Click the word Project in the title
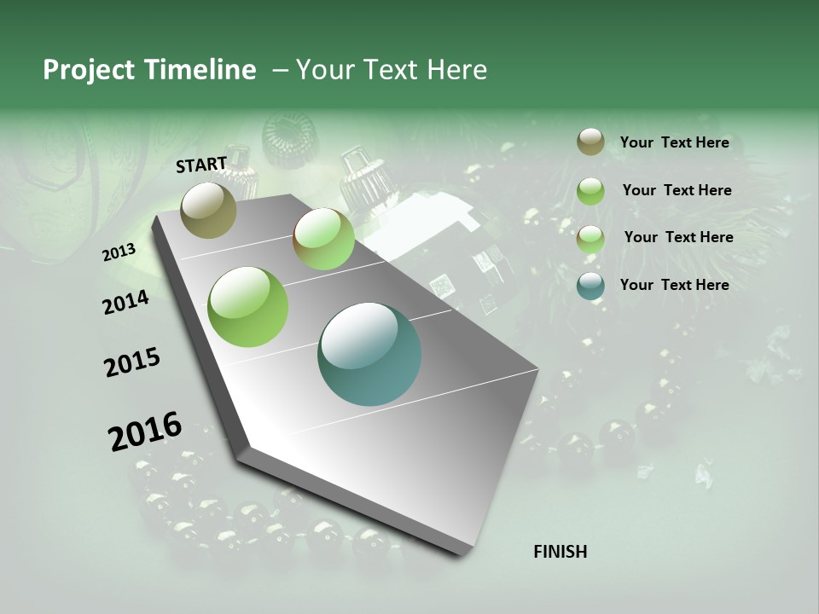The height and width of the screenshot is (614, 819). pos(88,70)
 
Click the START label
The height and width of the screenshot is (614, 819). pos(201,165)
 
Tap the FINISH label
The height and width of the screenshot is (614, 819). pos(561,552)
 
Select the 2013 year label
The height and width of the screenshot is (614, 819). pos(119,252)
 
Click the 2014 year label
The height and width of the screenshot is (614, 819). pos(126,302)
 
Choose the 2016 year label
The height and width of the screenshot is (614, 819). pos(145,432)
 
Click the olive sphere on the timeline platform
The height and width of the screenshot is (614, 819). pos(209,210)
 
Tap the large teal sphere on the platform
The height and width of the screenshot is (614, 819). pos(369,354)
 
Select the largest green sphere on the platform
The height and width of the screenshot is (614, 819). pos(248,306)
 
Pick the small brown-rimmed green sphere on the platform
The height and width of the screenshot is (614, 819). pos(323,239)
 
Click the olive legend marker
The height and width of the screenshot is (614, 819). pos(590,142)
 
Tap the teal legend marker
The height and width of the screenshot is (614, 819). pos(590,285)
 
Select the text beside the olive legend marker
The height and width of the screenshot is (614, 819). pos(674,142)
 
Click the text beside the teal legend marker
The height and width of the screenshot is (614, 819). pos(674,285)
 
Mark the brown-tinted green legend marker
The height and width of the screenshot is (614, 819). pos(590,238)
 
